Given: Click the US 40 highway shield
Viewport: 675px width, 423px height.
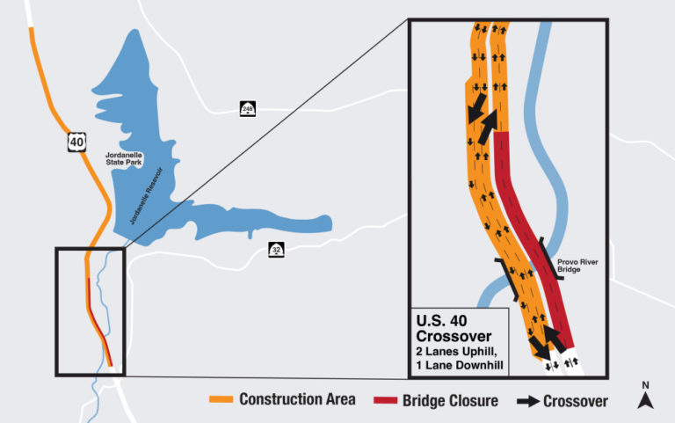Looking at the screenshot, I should click(77, 142).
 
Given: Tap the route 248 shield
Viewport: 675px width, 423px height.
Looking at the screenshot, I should click(249, 108).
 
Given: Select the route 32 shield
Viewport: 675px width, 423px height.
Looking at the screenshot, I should click(275, 251).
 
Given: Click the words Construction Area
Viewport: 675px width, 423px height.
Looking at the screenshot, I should click(297, 400).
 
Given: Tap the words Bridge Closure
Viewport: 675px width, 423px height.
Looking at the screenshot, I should click(450, 400).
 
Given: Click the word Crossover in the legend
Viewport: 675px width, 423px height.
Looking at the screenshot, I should click(576, 400).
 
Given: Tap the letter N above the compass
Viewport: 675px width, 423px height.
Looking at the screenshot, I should click(646, 385).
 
